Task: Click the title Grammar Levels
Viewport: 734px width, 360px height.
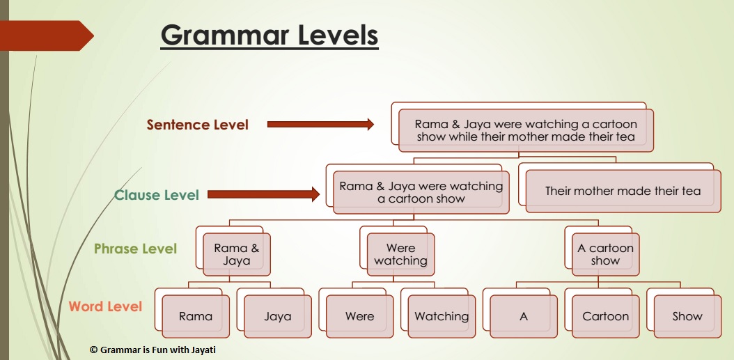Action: click(x=269, y=35)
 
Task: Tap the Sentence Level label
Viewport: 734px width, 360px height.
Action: click(x=197, y=125)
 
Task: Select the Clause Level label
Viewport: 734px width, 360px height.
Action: click(x=157, y=195)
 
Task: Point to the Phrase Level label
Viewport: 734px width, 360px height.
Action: click(x=136, y=249)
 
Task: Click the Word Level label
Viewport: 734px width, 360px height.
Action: click(x=105, y=306)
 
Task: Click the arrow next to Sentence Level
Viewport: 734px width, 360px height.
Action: click(x=320, y=125)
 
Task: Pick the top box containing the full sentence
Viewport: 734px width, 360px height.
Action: click(x=526, y=130)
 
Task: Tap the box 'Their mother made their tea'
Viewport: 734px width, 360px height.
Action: click(x=623, y=191)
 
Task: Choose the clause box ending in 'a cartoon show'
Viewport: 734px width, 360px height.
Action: click(x=421, y=192)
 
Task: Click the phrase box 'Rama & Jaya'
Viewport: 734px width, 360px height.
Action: click(x=236, y=254)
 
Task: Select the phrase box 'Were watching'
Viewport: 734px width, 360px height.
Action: click(x=400, y=254)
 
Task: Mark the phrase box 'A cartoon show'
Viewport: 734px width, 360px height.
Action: click(x=605, y=254)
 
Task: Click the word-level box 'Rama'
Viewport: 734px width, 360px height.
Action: click(x=195, y=316)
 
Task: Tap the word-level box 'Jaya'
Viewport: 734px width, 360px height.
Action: click(x=277, y=316)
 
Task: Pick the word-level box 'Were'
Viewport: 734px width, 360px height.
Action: click(x=359, y=316)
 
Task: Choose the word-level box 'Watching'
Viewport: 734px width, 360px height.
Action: click(x=442, y=316)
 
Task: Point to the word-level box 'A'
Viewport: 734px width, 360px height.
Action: click(x=524, y=316)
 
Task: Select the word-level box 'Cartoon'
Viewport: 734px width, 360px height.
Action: click(x=605, y=316)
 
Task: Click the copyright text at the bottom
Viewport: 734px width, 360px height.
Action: click(x=153, y=350)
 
